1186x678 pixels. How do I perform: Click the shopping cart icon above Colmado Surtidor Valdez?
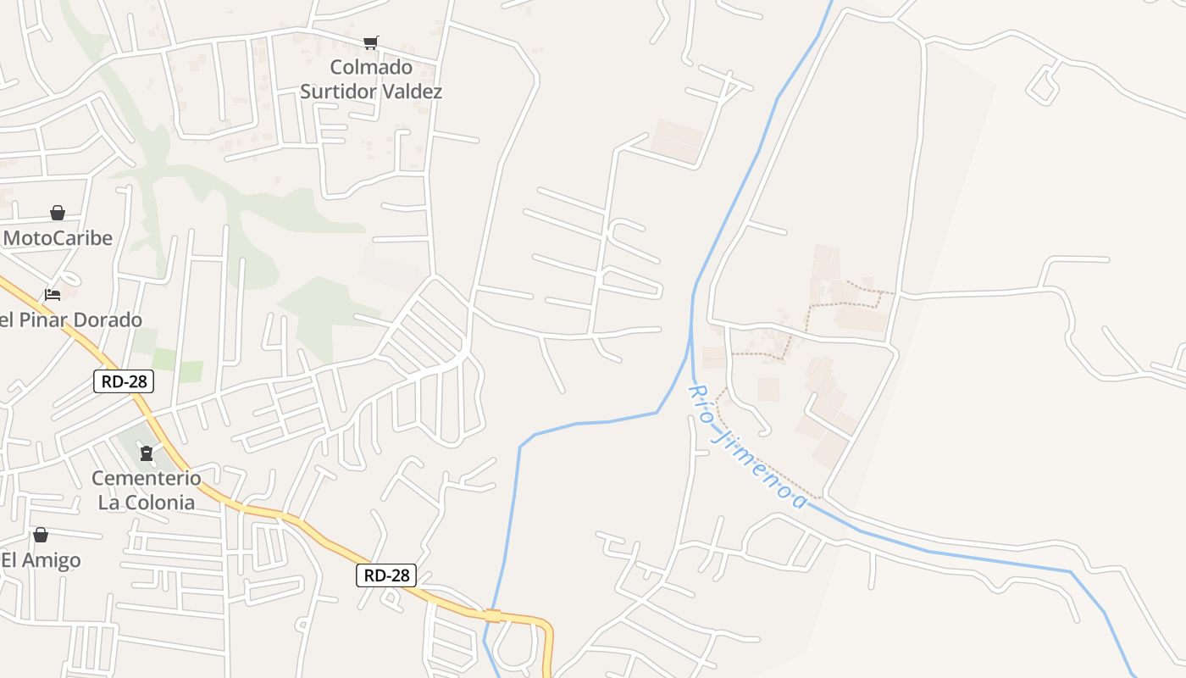370,42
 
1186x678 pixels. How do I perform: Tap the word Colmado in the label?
371,67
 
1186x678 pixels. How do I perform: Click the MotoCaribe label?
58,238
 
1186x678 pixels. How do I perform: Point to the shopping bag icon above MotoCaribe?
58,213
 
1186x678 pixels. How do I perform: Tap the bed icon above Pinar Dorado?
53,295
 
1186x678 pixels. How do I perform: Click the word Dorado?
107,320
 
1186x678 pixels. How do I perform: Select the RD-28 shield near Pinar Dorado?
124,381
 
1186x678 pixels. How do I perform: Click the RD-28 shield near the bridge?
386,575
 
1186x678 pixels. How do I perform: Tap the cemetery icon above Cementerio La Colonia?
147,454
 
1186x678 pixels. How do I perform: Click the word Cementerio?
147,479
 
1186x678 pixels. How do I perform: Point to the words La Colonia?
147,503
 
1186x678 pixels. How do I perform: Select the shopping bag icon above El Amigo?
40,536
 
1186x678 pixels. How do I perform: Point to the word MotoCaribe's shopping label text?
58,238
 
